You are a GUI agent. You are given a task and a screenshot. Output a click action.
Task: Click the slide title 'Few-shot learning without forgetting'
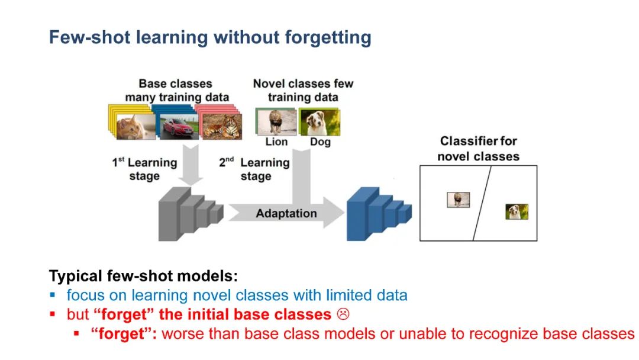(209, 37)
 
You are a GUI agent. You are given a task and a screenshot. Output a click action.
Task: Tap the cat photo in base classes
(135, 126)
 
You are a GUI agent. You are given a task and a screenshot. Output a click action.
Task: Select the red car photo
(176, 126)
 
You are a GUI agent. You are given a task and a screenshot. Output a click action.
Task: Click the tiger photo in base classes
(221, 126)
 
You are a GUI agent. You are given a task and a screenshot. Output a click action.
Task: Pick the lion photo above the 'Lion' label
(276, 121)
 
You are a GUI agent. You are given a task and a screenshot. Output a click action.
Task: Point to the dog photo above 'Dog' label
(319, 121)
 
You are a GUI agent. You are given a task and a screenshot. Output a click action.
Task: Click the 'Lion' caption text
(276, 142)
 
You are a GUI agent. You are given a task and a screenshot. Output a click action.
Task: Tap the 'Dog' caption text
(320, 142)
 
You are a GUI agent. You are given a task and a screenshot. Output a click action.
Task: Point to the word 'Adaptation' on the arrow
(286, 213)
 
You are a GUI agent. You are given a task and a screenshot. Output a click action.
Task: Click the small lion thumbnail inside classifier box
(458, 200)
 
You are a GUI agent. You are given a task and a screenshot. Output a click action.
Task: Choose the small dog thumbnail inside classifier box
(517, 211)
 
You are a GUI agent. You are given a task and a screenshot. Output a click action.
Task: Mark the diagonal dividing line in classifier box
(482, 203)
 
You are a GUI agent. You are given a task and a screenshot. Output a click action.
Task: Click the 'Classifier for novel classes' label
(478, 149)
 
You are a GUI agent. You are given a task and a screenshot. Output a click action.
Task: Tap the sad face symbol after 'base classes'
(342, 314)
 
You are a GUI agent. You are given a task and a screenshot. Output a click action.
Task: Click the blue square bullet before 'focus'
(53, 294)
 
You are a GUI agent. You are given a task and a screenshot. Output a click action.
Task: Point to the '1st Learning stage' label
(144, 169)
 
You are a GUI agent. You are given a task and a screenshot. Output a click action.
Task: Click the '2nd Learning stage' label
(254, 169)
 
